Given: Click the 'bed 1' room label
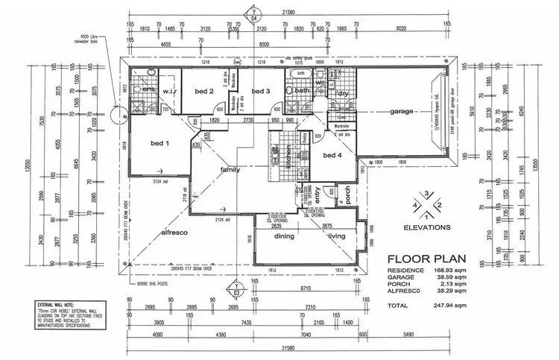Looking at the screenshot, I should coord(160,143).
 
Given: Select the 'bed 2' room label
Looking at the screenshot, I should coord(205,92).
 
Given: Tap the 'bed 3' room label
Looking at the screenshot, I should coord(259,92).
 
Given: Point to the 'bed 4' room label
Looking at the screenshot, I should coord(332,156).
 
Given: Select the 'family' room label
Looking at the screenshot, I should coord(230,171).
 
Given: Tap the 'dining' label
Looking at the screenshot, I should coord(285,236).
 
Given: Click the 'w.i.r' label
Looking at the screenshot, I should coord(168,92).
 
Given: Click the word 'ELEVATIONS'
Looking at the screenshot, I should coord(426,226).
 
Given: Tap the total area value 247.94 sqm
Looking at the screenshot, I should coord(451,306).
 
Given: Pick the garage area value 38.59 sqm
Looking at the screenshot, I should coord(451,277).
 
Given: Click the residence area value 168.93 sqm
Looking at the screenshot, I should coord(451,270).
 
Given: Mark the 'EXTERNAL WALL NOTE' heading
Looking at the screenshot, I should coord(57,305).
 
